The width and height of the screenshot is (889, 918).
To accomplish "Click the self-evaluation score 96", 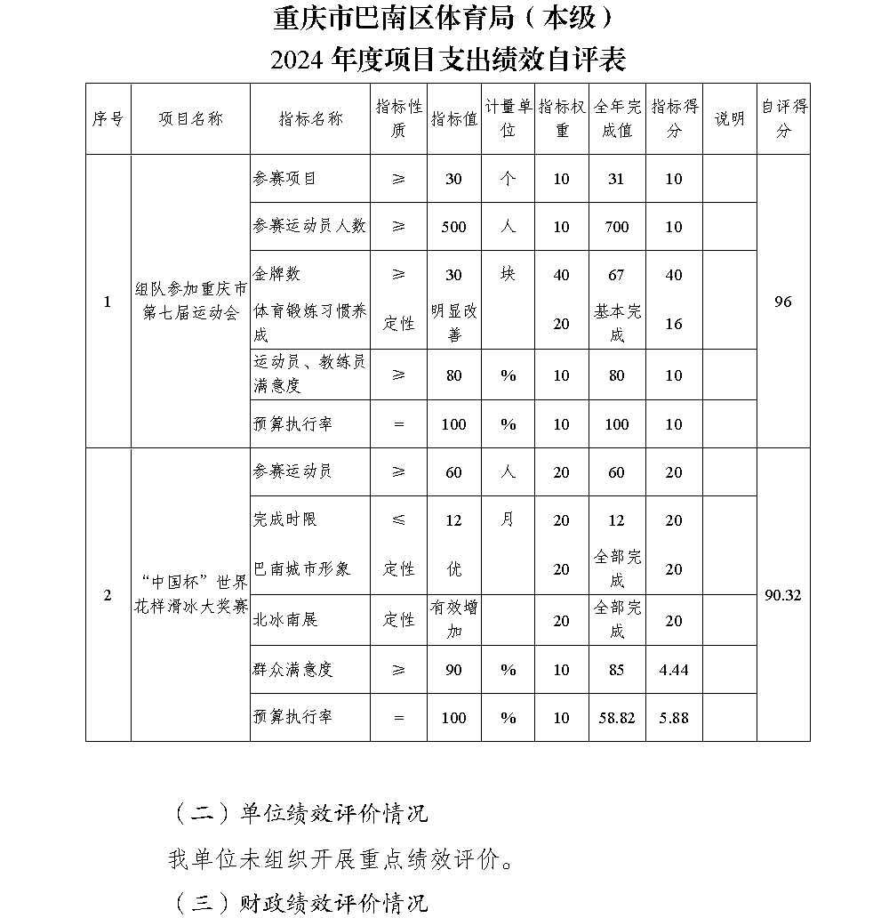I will point(782,302).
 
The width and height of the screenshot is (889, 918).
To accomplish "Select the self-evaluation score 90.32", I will point(782,595).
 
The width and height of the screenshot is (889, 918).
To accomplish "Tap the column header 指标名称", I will point(310,119).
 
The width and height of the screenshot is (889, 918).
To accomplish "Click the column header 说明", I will point(729,119).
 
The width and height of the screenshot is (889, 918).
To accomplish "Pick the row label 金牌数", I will point(277,275).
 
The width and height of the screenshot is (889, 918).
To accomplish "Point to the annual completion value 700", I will point(616,227).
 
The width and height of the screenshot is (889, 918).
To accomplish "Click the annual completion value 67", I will point(616,275).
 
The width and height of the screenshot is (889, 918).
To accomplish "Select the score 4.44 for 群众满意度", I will point(674,670).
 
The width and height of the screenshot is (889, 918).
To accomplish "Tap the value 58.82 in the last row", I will point(616,718).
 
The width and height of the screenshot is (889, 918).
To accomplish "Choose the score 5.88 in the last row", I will point(674,718).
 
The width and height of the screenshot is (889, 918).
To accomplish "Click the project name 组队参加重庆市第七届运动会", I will point(190,302).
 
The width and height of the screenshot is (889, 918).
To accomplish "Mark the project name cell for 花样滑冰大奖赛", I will point(190,595).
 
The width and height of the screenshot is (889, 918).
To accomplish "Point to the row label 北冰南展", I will point(285,620).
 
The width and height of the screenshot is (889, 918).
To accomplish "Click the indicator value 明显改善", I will point(454,323).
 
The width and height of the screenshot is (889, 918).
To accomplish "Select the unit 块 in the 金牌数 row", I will point(508,275).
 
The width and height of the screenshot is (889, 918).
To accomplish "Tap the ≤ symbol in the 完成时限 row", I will point(397,520).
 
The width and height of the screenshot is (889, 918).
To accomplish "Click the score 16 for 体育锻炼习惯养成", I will point(674,324).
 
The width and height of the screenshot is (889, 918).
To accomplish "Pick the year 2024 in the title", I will point(299,60).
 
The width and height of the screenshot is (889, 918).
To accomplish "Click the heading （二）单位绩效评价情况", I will point(298,813).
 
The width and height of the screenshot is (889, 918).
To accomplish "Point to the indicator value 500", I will point(454,227).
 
